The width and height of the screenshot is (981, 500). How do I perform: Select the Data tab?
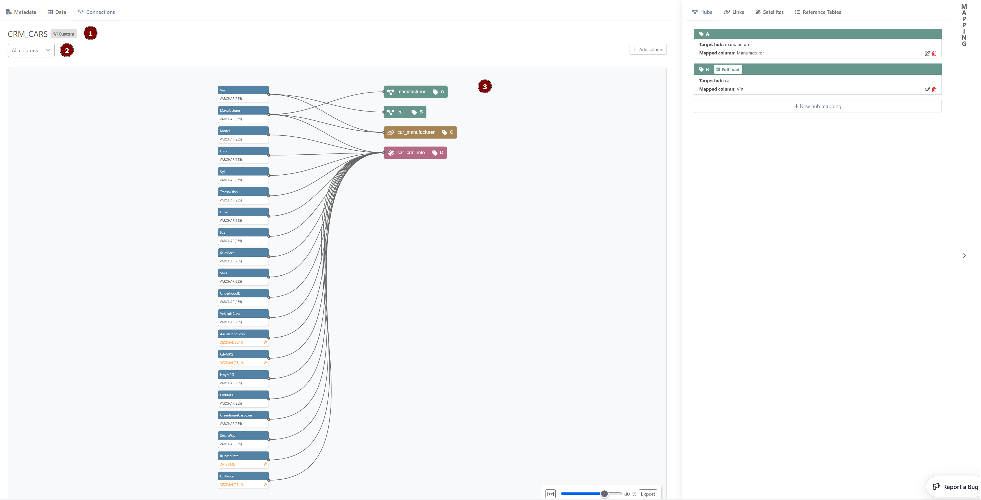pyautogui.click(x=57, y=12)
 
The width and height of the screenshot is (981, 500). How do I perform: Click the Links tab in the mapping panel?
pyautogui.click(x=734, y=12)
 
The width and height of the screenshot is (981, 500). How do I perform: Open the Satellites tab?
pyautogui.click(x=770, y=12)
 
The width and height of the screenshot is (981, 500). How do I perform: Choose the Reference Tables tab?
pyautogui.click(x=818, y=12)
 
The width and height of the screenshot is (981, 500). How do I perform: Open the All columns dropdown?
pyautogui.click(x=31, y=50)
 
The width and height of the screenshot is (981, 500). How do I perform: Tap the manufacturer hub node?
pyautogui.click(x=415, y=92)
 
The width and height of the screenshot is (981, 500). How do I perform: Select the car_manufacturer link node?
pyautogui.click(x=420, y=132)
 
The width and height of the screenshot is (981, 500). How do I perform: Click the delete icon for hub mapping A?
pyautogui.click(x=934, y=53)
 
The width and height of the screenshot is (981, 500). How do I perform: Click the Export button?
pyautogui.click(x=648, y=494)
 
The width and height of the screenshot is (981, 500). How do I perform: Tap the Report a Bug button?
pyautogui.click(x=955, y=487)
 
